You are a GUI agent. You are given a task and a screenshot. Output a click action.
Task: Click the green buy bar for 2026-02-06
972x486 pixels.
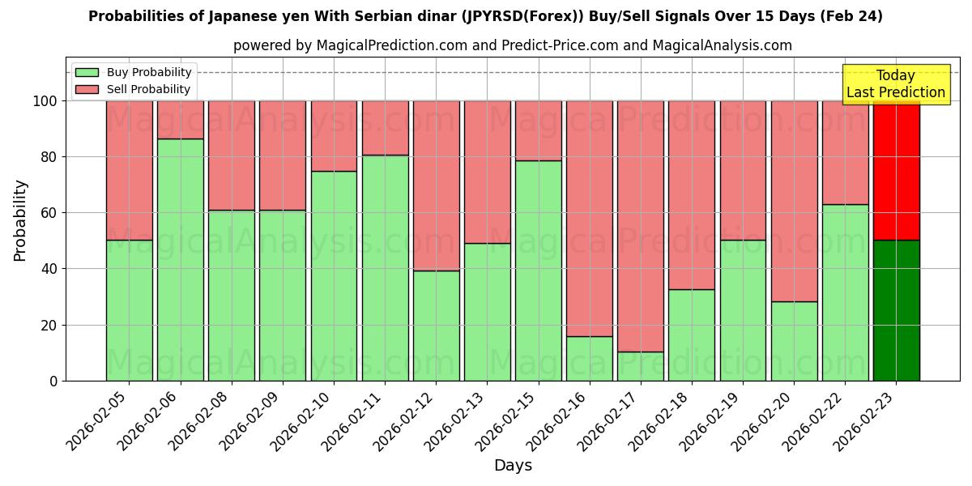click(x=181, y=259)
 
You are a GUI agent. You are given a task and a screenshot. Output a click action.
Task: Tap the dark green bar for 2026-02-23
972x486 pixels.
click(x=896, y=310)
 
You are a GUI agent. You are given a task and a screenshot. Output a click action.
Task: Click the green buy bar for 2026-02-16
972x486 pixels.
click(x=590, y=358)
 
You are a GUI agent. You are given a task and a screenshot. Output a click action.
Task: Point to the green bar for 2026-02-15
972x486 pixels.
click(x=539, y=271)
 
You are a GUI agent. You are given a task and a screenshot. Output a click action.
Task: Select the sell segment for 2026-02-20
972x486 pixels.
click(x=794, y=201)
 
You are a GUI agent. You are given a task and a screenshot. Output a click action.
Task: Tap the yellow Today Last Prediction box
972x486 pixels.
click(x=896, y=84)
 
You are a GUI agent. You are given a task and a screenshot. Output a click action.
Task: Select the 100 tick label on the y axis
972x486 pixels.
click(x=44, y=101)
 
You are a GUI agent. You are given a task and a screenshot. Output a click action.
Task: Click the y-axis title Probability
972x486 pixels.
click(x=20, y=220)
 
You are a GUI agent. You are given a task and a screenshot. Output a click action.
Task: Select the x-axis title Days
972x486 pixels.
click(x=513, y=466)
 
